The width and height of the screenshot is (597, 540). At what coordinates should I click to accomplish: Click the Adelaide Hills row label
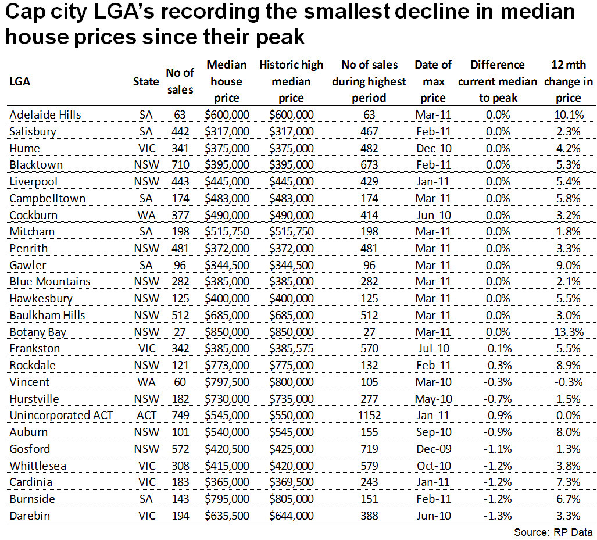(x=45, y=115)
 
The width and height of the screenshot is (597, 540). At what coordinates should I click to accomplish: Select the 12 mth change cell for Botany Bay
(x=568, y=332)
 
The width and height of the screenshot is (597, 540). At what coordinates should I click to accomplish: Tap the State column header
(x=145, y=81)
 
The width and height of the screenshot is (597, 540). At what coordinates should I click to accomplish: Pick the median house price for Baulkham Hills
(x=227, y=315)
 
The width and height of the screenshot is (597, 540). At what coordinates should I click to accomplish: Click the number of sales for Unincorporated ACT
(x=180, y=416)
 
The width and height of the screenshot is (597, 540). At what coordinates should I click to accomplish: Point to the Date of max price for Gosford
(x=433, y=449)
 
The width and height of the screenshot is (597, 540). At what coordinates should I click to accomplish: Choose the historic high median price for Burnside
(x=291, y=499)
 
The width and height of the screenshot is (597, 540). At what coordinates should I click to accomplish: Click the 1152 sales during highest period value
(x=370, y=416)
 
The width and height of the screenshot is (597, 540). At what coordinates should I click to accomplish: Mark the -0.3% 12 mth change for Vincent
(x=568, y=382)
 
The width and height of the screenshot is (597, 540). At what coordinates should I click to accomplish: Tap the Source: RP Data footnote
(x=553, y=532)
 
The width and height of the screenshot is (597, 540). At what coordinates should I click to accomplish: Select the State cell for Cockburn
(x=145, y=214)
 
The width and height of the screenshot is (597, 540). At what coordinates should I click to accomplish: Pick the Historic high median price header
(x=291, y=81)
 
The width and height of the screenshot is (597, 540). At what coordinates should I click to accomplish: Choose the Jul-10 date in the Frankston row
(x=433, y=349)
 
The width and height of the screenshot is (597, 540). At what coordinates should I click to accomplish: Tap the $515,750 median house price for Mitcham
(x=227, y=231)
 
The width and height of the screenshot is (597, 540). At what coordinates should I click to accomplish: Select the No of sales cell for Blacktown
(x=180, y=164)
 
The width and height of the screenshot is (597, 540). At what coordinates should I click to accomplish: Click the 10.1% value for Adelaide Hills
(x=568, y=115)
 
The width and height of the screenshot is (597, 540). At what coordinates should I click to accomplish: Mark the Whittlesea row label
(x=36, y=466)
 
